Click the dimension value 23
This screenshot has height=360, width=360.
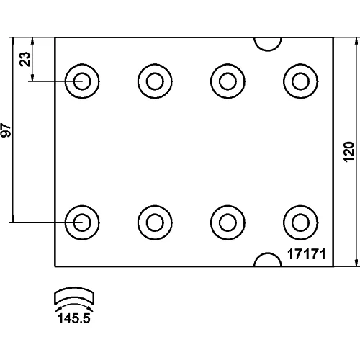pos(25,59)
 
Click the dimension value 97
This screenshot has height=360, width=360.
pos(6,130)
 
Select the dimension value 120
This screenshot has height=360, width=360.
pos(349,152)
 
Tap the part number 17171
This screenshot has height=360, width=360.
pos(307,254)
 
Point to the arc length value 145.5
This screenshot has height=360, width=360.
pos(74,318)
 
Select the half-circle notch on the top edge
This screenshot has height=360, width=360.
pos(268,45)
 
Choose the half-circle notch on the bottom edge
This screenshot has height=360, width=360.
pos(268,259)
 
